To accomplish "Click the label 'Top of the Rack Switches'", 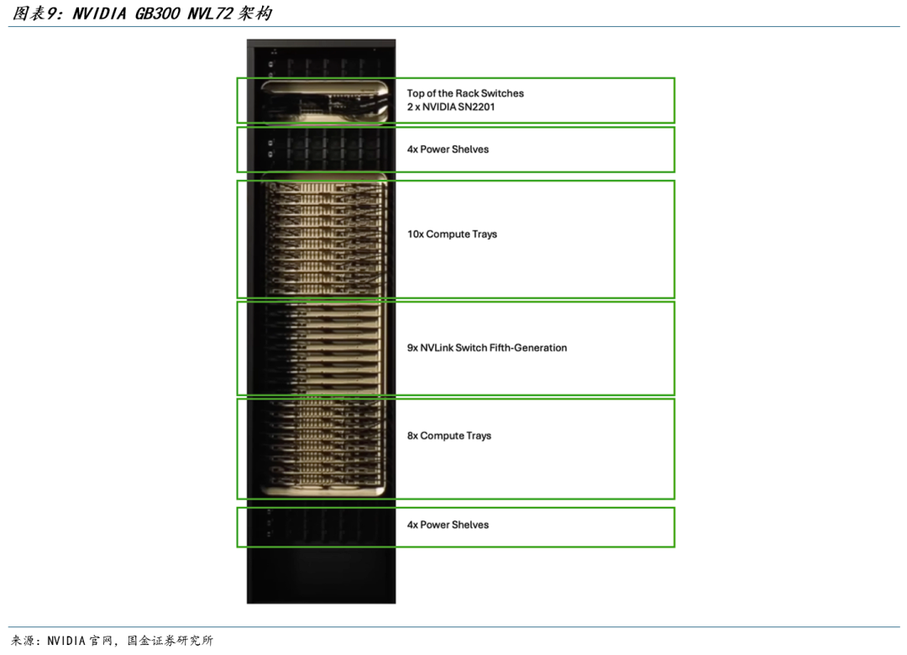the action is point(465,93).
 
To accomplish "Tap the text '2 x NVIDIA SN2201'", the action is point(451,107).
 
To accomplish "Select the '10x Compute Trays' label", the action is point(452,234).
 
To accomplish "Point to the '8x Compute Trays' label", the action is point(448,436).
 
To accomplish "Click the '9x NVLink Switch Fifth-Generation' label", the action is point(486,347).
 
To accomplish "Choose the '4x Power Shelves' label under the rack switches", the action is point(448,150).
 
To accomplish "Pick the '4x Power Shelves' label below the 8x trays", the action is point(448,525).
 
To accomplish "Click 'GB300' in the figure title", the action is point(157,13).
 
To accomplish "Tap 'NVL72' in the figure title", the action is point(209,13).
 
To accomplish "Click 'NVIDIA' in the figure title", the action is point(99,13).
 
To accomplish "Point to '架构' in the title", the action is point(254,13).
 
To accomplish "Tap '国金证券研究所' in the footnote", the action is point(170,641).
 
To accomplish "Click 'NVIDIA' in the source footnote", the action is point(66,641).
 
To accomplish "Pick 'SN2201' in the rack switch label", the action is point(476,107).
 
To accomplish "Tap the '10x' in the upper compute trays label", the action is point(416,234).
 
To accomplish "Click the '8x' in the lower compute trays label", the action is point(412,436).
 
